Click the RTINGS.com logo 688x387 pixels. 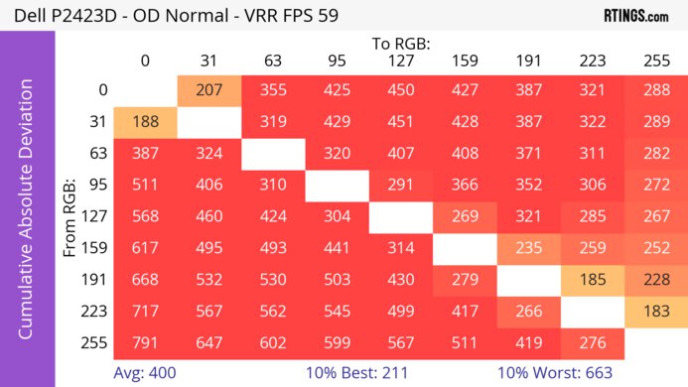[x=635, y=16]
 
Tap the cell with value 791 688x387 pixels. [x=145, y=344]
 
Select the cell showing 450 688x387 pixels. [x=401, y=89]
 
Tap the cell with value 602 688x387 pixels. [x=273, y=344]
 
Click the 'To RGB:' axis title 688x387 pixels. [x=401, y=44]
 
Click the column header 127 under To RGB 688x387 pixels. [x=401, y=61]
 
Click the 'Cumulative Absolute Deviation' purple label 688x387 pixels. [x=27, y=216]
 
